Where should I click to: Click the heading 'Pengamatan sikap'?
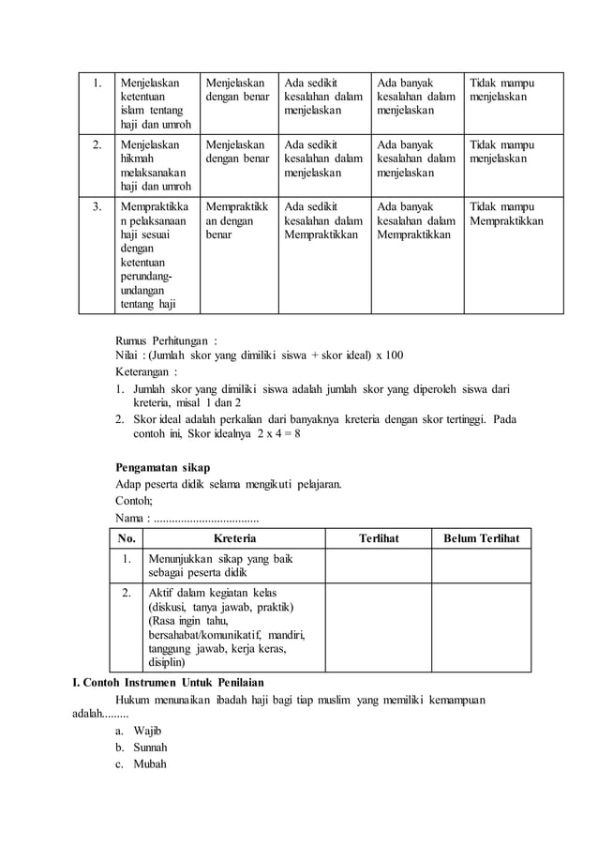[162, 467]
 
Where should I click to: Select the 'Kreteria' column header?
[234, 538]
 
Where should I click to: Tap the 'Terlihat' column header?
[379, 538]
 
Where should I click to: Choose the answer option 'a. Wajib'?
[140, 730]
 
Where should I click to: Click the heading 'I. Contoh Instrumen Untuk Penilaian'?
[168, 681]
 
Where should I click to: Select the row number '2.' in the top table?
[97, 145]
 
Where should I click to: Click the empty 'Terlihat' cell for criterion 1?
[379, 566]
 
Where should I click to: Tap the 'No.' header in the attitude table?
[127, 538]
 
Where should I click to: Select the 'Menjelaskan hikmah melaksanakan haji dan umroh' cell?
[153, 166]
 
